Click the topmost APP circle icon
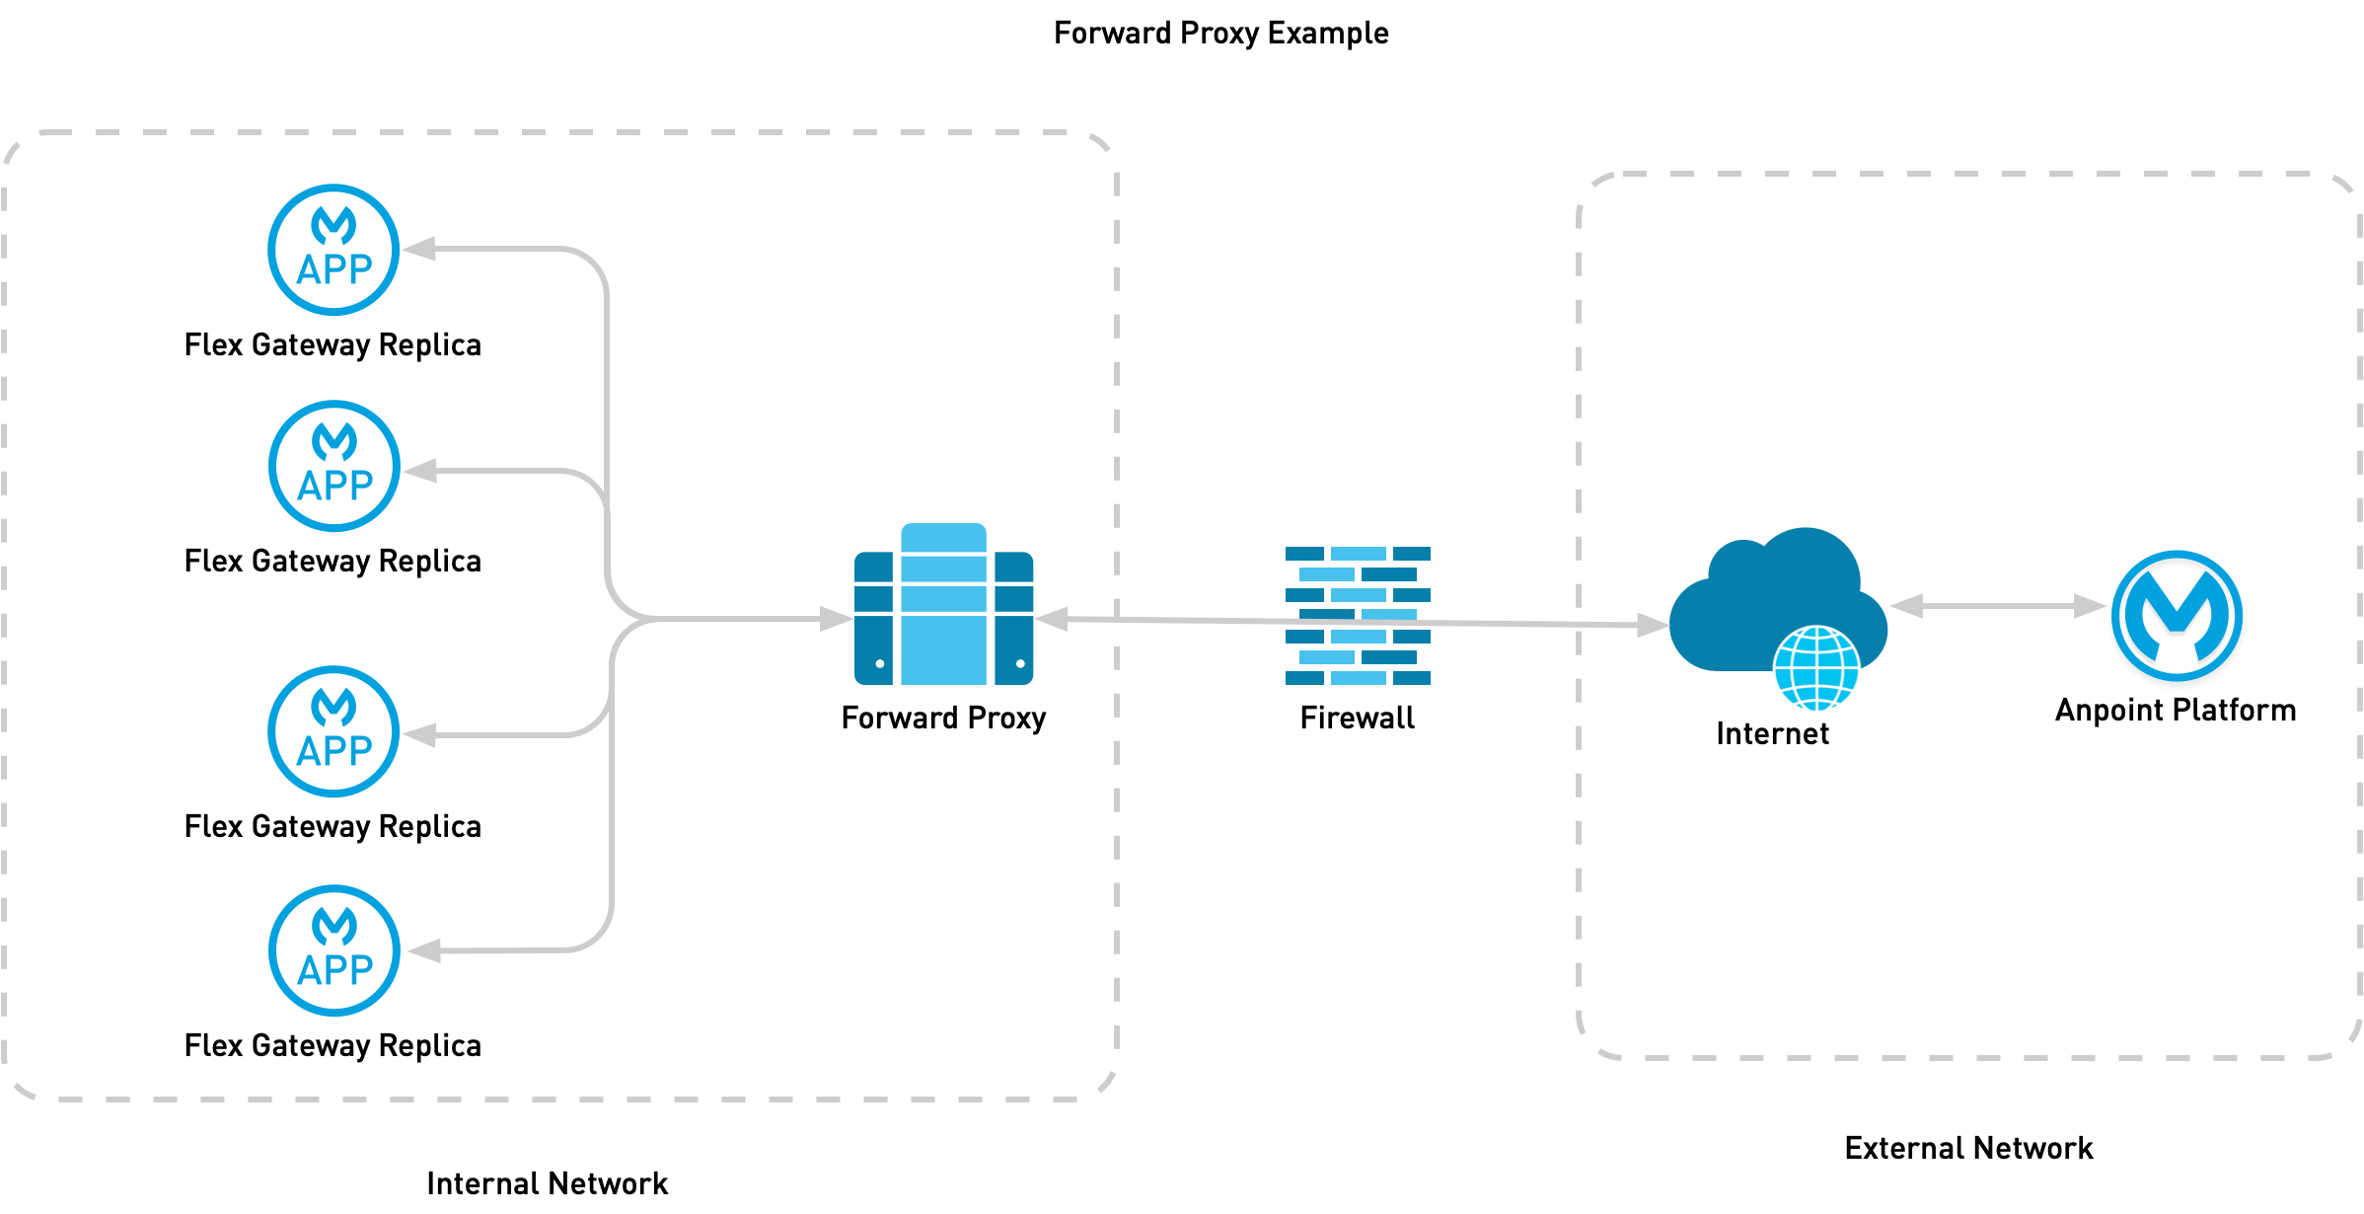333,250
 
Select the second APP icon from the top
333,466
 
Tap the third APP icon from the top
333,731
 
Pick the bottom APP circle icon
333,950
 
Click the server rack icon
943,605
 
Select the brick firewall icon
1358,615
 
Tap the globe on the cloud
1816,668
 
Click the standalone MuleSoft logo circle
2177,615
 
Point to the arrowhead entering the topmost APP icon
418,249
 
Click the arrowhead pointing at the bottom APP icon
422,950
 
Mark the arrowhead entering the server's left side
837,619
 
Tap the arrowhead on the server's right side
1051,619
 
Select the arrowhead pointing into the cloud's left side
1653,625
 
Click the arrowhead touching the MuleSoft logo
2091,606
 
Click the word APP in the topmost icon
334,270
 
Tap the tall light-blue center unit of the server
943,605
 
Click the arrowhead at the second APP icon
419,471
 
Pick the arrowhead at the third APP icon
419,735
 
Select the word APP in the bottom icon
334,971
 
